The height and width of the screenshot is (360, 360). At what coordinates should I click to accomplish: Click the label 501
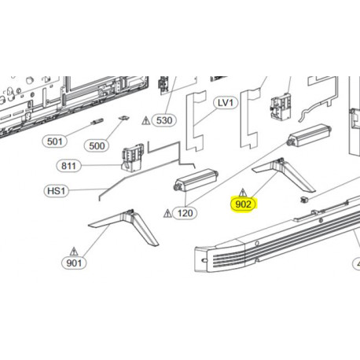(54, 141)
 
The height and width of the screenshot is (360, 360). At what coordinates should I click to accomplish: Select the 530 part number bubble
(163, 120)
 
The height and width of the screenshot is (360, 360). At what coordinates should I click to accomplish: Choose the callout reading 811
(69, 166)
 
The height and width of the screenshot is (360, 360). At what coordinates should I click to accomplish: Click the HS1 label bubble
(56, 191)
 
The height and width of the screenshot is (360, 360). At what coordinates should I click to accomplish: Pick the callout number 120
(186, 213)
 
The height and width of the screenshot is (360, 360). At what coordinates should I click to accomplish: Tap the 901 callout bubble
(74, 263)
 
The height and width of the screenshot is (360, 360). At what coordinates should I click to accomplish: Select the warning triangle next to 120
(167, 212)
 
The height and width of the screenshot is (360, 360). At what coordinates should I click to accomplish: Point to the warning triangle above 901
(74, 248)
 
